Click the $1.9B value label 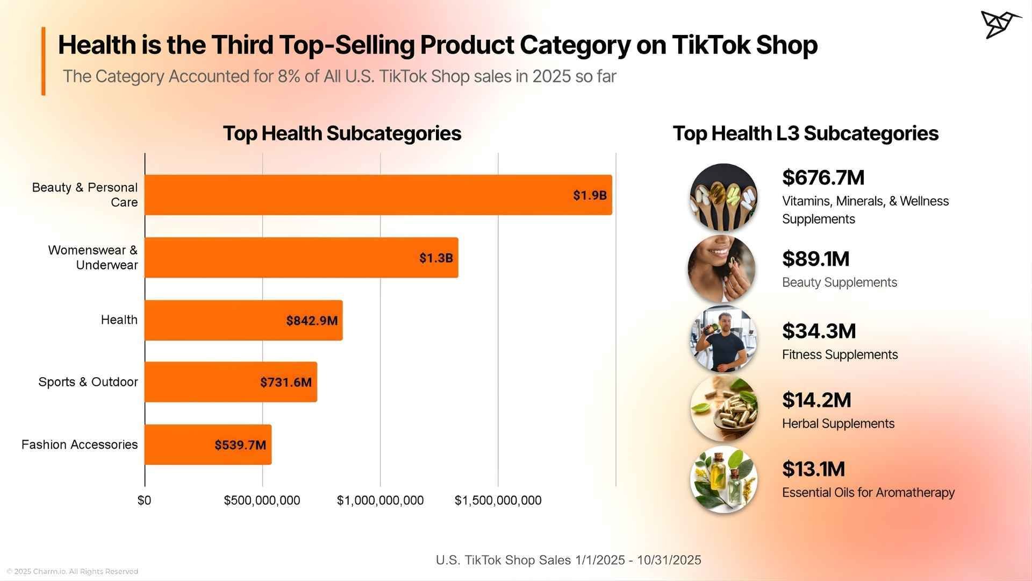589,195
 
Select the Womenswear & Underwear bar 301,258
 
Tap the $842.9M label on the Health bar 312,321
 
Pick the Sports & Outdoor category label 88,382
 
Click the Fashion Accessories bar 207,444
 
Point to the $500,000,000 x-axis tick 262,500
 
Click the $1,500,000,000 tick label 498,500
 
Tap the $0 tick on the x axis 144,500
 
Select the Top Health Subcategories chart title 342,133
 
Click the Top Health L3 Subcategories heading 805,133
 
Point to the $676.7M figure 823,178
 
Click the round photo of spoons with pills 723,197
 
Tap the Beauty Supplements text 839,282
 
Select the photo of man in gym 723,339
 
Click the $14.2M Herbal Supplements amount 816,400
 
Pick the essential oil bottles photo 723,479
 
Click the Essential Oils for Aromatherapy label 868,493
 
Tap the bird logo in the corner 1000,24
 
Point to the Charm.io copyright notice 73,571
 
